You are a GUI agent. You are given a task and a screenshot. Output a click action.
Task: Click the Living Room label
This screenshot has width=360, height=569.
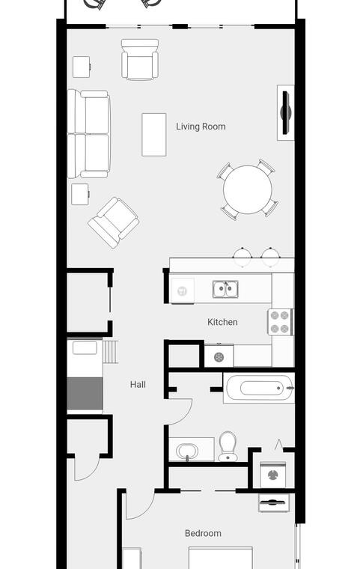[201, 127]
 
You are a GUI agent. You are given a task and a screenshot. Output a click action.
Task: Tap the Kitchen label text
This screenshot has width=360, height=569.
[222, 322]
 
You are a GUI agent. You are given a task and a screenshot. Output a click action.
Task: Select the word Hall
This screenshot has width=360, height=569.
[138, 385]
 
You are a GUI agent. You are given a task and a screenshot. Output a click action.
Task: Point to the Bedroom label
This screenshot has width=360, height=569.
[203, 533]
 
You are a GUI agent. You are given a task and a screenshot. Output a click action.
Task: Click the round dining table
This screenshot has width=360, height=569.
[248, 189]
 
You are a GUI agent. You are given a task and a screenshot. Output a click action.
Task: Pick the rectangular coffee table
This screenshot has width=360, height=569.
[154, 134]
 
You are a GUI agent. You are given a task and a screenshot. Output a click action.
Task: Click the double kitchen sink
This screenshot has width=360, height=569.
[225, 289]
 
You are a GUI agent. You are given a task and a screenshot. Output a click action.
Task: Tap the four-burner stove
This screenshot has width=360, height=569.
[281, 322]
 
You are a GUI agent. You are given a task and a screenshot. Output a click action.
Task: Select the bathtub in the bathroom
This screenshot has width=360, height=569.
[258, 388]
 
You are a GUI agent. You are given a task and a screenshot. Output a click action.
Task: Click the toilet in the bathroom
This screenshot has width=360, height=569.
[228, 446]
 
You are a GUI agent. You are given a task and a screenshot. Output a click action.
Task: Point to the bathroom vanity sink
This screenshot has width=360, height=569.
[187, 451]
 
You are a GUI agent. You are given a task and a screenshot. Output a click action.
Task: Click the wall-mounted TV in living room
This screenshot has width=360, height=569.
[286, 112]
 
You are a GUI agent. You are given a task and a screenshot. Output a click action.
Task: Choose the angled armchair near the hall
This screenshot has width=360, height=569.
[114, 222]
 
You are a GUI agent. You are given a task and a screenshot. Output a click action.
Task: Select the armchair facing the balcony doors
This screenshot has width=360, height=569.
[140, 59]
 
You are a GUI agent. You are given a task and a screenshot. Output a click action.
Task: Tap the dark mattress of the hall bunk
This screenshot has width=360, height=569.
[85, 393]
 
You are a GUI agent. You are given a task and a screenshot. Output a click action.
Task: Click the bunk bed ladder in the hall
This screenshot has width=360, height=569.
[110, 352]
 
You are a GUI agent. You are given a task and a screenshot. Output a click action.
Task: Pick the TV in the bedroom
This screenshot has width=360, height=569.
[274, 502]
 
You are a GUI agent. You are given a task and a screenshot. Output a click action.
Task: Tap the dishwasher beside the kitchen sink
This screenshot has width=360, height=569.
[182, 290]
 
